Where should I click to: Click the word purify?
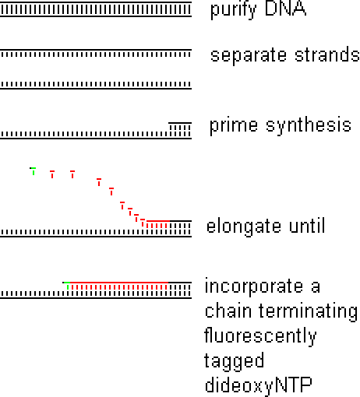coord(233,10)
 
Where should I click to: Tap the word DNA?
coord(285,9)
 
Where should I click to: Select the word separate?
coord(249,56)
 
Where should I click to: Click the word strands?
coord(327,54)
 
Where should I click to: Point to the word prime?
coord(234,126)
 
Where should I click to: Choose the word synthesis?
coord(309,126)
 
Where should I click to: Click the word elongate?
coord(244,226)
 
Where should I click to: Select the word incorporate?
coord(254,286)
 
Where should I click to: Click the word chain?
coord(228,310)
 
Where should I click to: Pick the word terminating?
coord(309,312)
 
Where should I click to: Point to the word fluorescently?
coord(260,336)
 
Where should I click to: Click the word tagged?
coord(234,361)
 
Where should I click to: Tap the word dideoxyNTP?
coord(258,385)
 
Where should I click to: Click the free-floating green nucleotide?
coord(33,171)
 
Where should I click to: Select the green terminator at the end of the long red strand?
coord(67,286)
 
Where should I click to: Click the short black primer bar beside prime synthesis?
coord(180,123)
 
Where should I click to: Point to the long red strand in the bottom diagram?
coord(119,283)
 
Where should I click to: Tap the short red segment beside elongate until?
coord(158,221)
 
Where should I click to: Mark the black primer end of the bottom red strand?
coord(180,283)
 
